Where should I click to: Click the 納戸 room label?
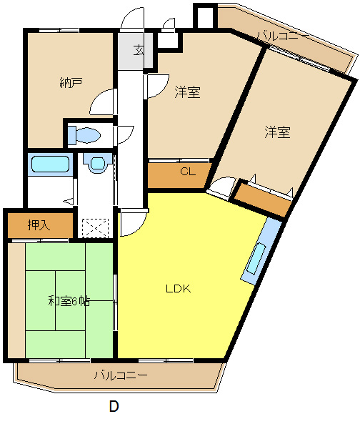[71, 82]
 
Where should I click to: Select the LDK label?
[177, 289]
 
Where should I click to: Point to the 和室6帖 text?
[69, 301]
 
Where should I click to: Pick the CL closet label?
[187, 172]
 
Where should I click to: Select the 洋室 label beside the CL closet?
[187, 92]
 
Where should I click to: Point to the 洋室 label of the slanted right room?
[277, 132]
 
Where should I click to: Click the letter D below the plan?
[114, 407]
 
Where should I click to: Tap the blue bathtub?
[50, 164]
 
